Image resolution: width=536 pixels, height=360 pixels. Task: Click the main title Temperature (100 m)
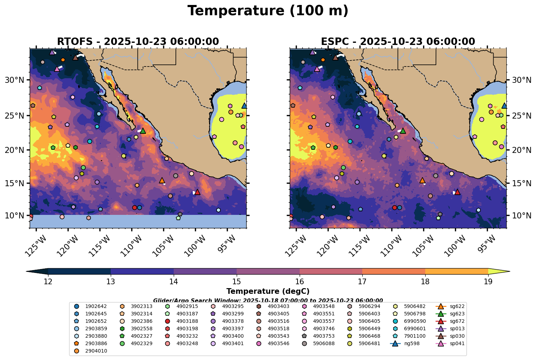268,11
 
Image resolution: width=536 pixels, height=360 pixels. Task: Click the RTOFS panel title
138,41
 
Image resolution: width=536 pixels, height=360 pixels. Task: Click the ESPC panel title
398,41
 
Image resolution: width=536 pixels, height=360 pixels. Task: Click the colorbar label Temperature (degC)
268,291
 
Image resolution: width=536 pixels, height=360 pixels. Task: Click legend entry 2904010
96,351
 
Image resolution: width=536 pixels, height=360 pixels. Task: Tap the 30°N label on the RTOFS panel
15,80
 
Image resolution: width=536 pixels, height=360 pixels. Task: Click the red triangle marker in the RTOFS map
197,192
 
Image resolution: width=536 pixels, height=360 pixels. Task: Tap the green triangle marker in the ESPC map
403,131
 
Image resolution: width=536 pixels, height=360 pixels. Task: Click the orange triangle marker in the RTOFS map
162,180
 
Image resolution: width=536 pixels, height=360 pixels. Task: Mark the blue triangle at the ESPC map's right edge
504,105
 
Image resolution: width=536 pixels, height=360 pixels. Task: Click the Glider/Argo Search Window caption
268,300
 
